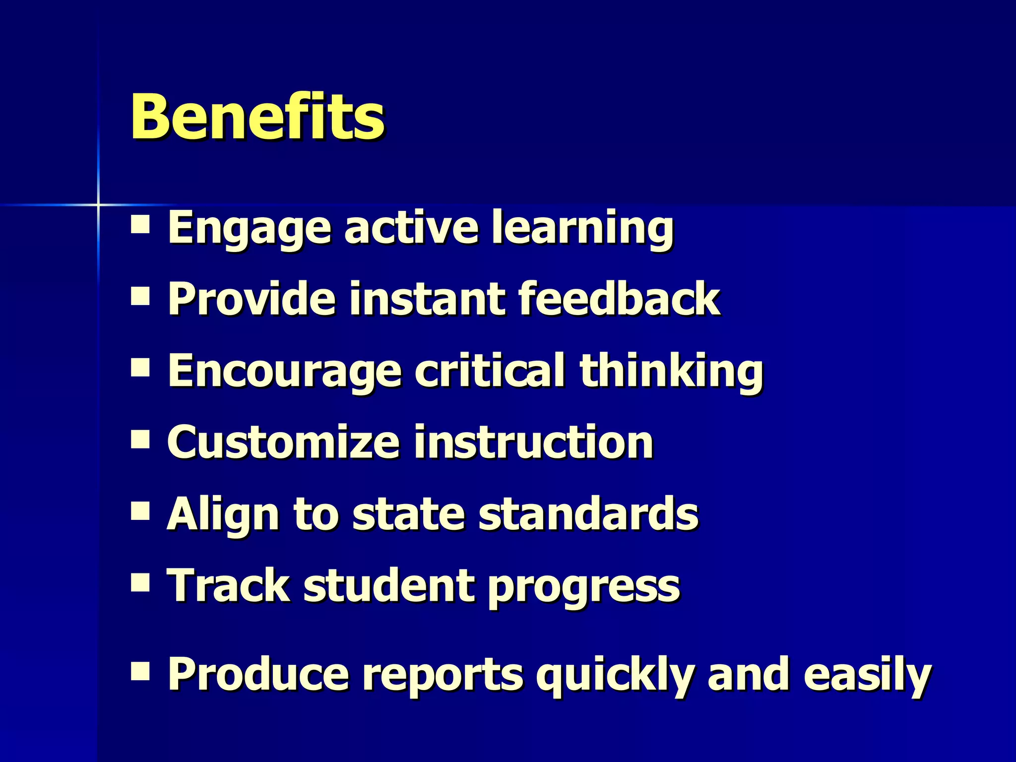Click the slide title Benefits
(x=257, y=117)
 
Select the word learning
(x=582, y=228)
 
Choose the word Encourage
(x=284, y=371)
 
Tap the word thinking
(x=671, y=371)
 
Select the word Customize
(x=283, y=443)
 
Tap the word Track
(x=228, y=586)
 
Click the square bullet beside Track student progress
(x=140, y=583)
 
